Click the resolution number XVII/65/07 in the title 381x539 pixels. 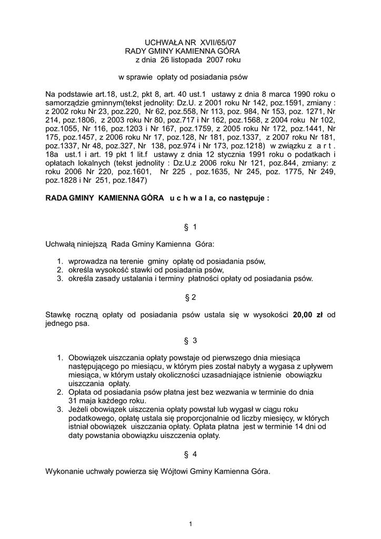(x=202, y=42)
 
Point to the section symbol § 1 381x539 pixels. (x=190, y=227)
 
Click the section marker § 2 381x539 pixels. (x=190, y=297)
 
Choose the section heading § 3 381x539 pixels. (x=190, y=341)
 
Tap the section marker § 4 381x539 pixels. (x=190, y=454)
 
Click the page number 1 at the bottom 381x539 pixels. (x=190, y=523)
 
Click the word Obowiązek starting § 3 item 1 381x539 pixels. (x=90, y=358)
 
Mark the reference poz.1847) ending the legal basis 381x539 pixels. (x=131, y=180)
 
